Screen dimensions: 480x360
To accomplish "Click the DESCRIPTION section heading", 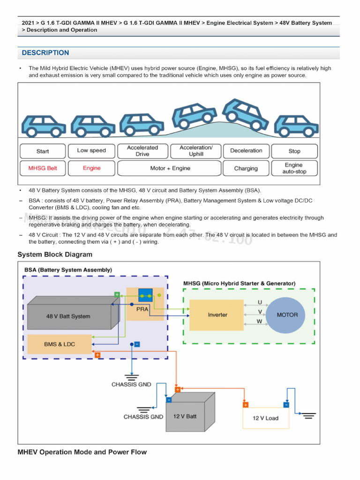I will tap(45, 53).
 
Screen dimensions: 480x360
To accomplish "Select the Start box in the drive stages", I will tap(43, 151).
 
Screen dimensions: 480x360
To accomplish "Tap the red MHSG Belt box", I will tap(43, 168).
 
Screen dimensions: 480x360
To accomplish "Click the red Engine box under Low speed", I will tap(92, 168).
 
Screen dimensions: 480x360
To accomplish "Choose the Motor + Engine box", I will tap(170, 168).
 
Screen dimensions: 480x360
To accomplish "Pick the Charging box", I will tap(246, 168).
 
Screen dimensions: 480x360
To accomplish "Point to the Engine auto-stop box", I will tap(294, 168).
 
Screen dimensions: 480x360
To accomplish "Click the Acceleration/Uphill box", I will tap(196, 151).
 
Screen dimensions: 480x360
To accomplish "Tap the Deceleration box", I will tap(246, 151).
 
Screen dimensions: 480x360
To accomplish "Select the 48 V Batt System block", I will tap(68, 316).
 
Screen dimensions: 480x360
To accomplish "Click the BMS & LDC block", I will tap(60, 344).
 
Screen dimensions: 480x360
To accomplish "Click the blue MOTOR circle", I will tap(287, 315).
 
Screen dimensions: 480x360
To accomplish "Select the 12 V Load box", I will tap(265, 418).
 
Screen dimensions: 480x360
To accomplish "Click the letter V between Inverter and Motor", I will tap(260, 311).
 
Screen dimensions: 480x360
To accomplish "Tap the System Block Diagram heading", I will tap(55, 255).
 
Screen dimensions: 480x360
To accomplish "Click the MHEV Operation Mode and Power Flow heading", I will tap(82, 452).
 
